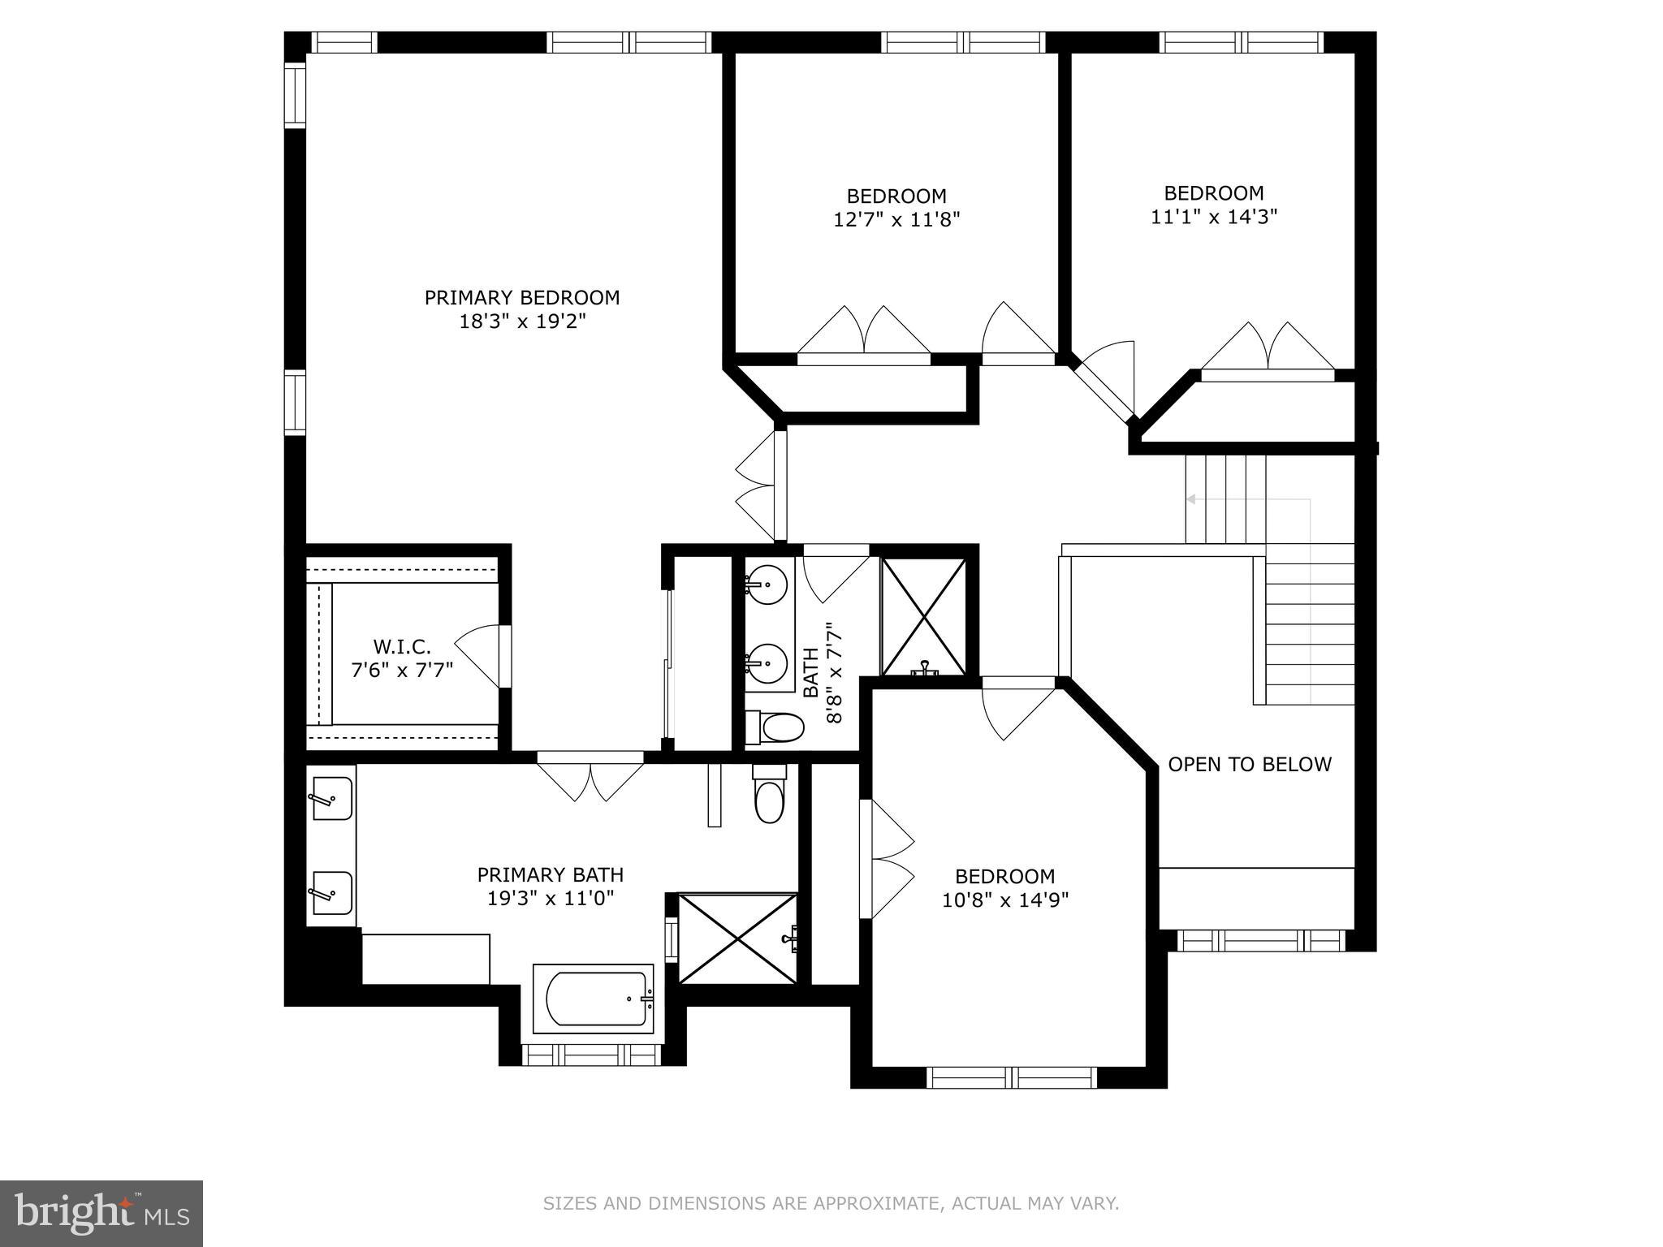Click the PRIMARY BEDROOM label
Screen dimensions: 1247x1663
coord(522,298)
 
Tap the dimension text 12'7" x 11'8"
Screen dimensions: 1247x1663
coord(896,220)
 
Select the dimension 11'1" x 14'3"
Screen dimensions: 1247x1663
coord(1214,217)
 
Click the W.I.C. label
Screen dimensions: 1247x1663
coord(402,647)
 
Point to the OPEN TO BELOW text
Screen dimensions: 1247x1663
coord(1250,765)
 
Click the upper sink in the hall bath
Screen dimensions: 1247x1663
coord(766,582)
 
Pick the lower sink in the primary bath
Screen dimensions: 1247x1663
coord(332,894)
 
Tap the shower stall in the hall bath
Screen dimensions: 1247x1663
coord(924,617)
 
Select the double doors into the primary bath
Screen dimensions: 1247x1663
coord(590,779)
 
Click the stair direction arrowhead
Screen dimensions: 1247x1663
coord(1191,499)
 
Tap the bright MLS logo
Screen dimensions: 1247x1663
coord(102,1213)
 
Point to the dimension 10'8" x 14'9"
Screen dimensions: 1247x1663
coord(1005,900)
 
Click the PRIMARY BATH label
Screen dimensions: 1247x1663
coord(550,875)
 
